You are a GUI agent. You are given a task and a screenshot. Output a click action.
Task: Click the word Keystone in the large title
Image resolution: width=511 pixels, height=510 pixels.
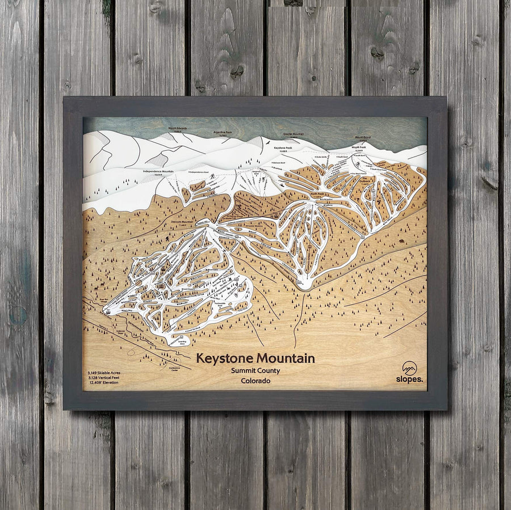coord(224,359)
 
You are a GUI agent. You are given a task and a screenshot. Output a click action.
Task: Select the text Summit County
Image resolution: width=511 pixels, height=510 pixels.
coord(255,371)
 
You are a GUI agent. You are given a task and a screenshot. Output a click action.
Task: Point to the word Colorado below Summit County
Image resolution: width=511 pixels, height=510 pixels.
coord(255,381)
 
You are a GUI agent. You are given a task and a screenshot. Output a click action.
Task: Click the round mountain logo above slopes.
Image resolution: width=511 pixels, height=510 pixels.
coord(409,368)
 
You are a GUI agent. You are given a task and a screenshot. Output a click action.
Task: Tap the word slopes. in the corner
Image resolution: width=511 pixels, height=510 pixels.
coord(409,380)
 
